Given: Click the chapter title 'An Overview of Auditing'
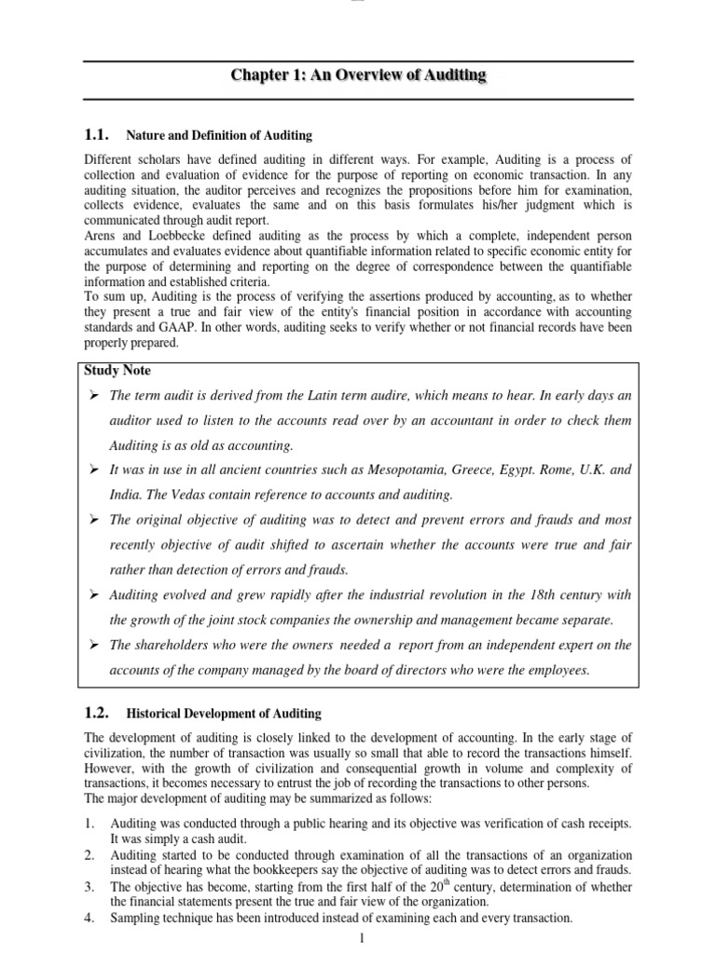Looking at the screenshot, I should pyautogui.click(x=359, y=75).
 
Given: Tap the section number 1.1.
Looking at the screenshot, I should pyautogui.click(x=97, y=135).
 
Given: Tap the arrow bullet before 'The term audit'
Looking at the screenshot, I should pyautogui.click(x=93, y=396).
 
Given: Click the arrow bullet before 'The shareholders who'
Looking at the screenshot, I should pyautogui.click(x=93, y=645).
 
